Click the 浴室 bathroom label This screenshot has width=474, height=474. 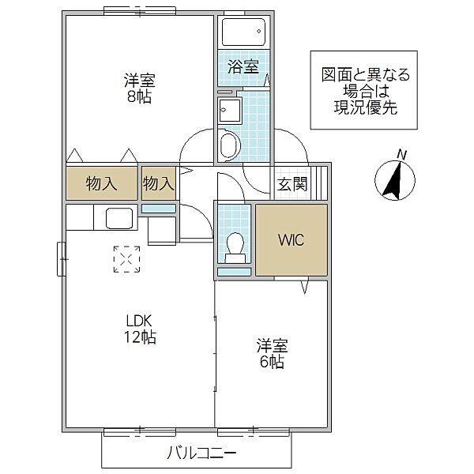pyautogui.click(x=243, y=67)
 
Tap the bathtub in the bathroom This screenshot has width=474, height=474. pyautogui.click(x=243, y=32)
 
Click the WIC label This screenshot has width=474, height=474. pyautogui.click(x=291, y=240)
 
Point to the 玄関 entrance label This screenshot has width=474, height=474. pyautogui.click(x=292, y=184)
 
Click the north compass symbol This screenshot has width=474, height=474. pyautogui.click(x=395, y=180)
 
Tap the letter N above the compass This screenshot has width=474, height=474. pyautogui.click(x=401, y=155)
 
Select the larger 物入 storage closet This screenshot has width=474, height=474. pyautogui.click(x=102, y=183)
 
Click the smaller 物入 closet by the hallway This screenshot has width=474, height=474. pyautogui.click(x=159, y=183)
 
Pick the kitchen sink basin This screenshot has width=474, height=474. pyautogui.click(x=119, y=218)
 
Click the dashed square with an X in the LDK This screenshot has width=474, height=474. pyautogui.click(x=126, y=259)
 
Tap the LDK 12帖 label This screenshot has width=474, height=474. pyautogui.click(x=141, y=329)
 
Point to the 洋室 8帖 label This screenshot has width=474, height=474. pyautogui.click(x=139, y=88)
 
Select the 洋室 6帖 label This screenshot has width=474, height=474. pyautogui.click(x=272, y=354)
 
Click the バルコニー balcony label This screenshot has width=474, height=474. pyautogui.click(x=201, y=453)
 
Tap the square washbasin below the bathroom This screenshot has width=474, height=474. pyautogui.click(x=230, y=111)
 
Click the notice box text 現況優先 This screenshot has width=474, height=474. pyautogui.click(x=366, y=107)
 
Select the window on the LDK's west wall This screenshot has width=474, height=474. pyautogui.click(x=62, y=259)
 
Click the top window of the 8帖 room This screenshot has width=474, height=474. pyautogui.click(x=140, y=11)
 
